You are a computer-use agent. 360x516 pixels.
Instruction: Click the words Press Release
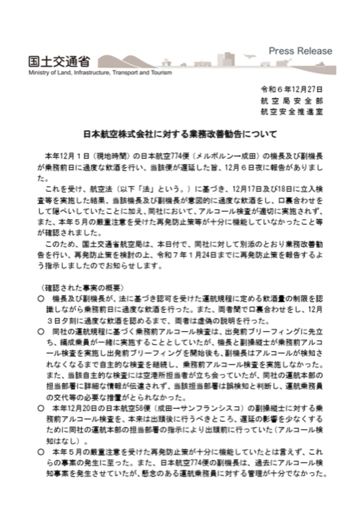pos(300,51)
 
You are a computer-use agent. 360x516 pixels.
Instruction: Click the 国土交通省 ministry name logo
pos(59,62)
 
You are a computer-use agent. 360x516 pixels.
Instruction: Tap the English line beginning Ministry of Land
pos(100,73)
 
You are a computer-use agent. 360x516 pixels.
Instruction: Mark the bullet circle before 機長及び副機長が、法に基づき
pos(41,299)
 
